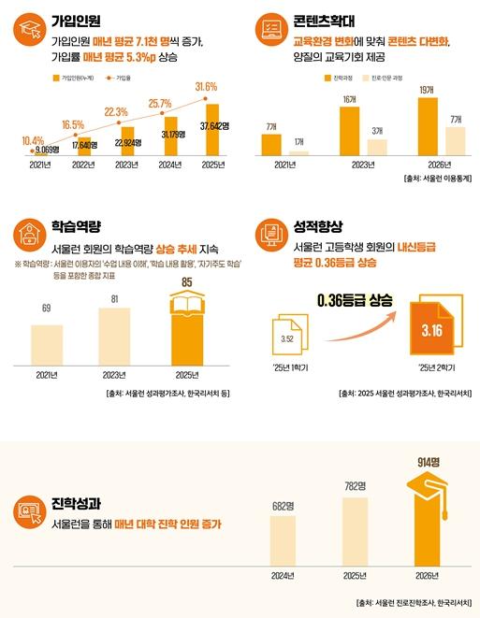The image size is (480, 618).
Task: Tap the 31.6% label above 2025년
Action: point(205,87)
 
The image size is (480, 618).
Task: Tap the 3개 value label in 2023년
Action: point(376,131)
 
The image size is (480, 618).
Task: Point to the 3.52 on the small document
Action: point(289,339)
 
